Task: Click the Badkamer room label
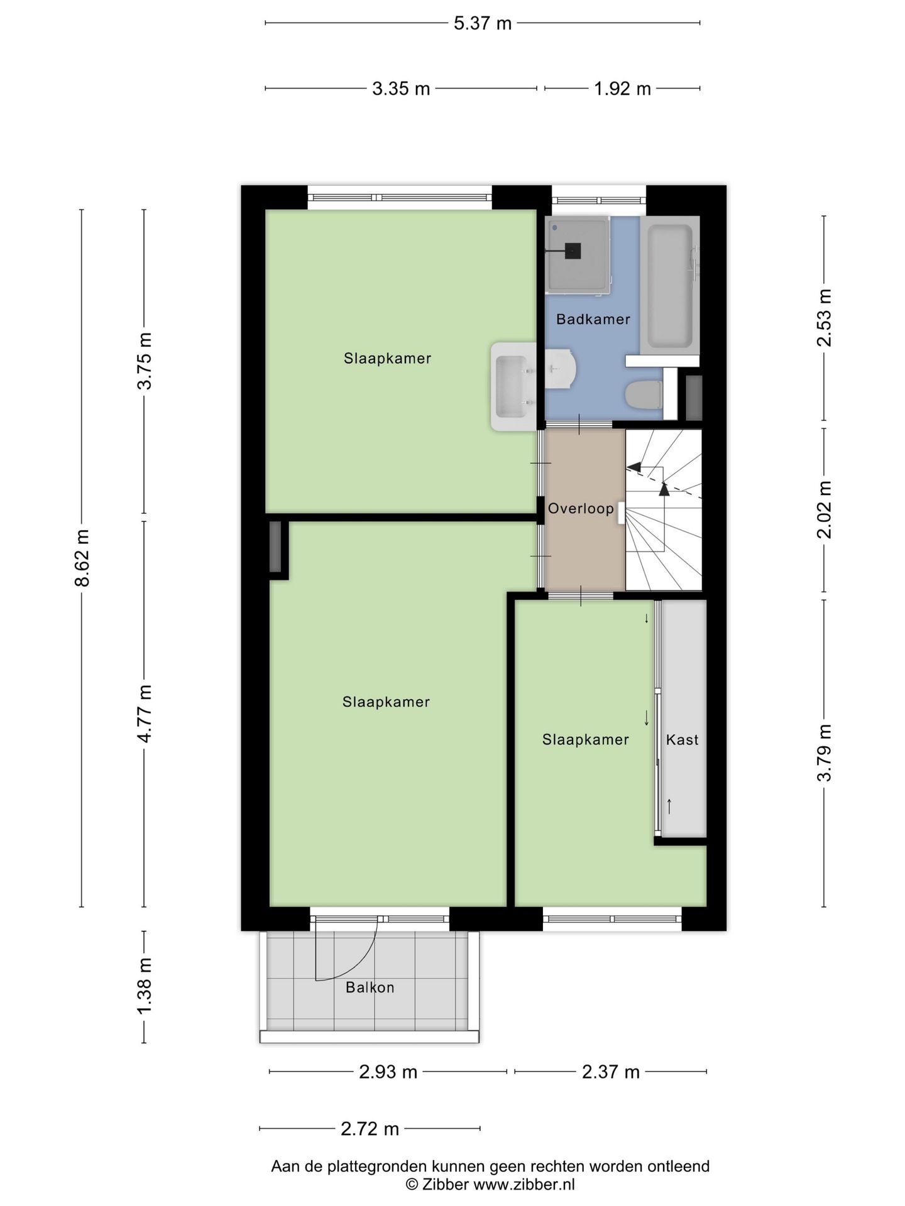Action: tap(593, 319)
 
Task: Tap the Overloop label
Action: tap(581, 508)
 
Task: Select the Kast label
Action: tap(682, 739)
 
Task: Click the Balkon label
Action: tap(370, 987)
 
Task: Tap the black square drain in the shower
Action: tap(573, 251)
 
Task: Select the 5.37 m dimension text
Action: tap(483, 24)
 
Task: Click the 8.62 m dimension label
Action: tap(82, 558)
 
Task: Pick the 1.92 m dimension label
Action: tap(622, 89)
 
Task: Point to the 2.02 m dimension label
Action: tap(824, 509)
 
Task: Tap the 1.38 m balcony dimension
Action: tap(145, 986)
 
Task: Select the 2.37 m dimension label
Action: tap(610, 1072)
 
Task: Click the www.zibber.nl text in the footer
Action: tap(524, 1185)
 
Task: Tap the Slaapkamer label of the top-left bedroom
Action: tap(387, 359)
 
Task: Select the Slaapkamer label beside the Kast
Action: tap(585, 739)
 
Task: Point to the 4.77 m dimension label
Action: tap(145, 714)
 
